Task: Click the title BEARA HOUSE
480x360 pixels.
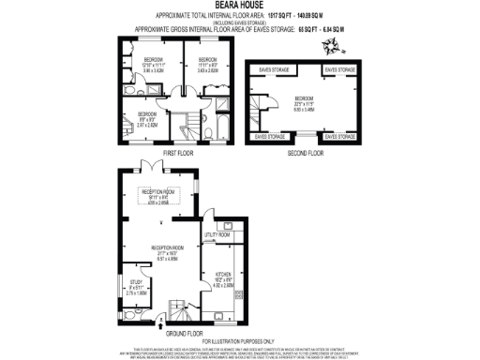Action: pyautogui.click(x=239, y=5)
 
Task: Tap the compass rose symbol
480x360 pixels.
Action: pyautogui.click(x=327, y=45)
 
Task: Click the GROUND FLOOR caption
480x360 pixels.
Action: pyautogui.click(x=184, y=332)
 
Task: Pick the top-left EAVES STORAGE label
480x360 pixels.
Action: pyautogui.click(x=272, y=69)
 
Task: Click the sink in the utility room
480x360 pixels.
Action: pyautogui.click(x=230, y=224)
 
